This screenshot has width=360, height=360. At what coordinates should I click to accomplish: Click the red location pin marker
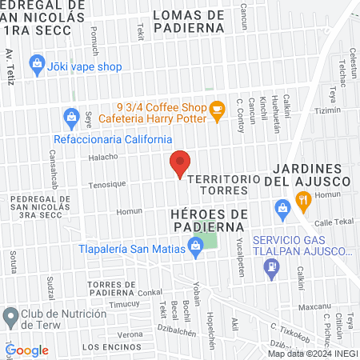(180, 162)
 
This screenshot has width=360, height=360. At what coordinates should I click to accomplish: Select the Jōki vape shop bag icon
(36, 62)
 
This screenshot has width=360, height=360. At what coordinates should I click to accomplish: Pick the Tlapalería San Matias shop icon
(194, 249)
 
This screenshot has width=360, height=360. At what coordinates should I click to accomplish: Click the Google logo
(26, 350)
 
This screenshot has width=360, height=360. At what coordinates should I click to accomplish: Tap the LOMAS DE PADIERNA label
(188, 22)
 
